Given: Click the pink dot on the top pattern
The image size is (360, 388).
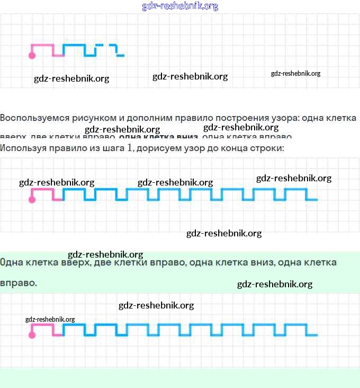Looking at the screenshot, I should click(32, 55).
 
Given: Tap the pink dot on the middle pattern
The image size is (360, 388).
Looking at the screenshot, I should click(32, 199).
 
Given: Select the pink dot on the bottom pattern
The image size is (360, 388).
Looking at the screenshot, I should click(32, 335).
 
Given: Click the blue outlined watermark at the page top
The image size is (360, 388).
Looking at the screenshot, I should click(180, 6).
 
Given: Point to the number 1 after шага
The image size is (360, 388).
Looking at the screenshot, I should click(129, 148).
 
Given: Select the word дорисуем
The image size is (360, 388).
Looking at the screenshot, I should click(159, 148).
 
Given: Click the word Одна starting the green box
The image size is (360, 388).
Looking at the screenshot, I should click(12, 263).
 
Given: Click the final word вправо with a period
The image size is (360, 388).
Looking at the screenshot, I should click(19, 283).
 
